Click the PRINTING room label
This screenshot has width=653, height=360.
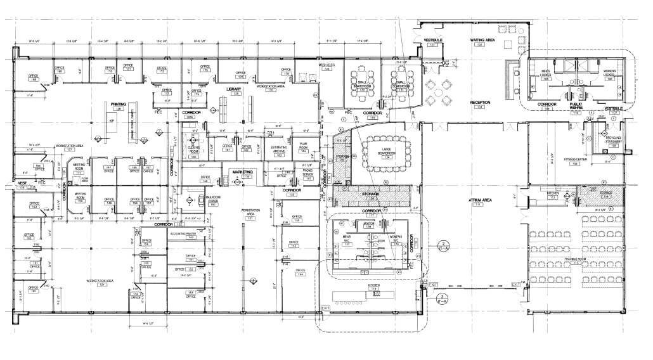pos(118,104)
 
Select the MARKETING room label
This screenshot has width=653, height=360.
pos(242,172)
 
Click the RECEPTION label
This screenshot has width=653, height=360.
pos(480,103)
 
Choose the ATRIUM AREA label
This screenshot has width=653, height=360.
pos(481,201)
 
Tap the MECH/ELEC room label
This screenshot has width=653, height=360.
pos(326,66)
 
